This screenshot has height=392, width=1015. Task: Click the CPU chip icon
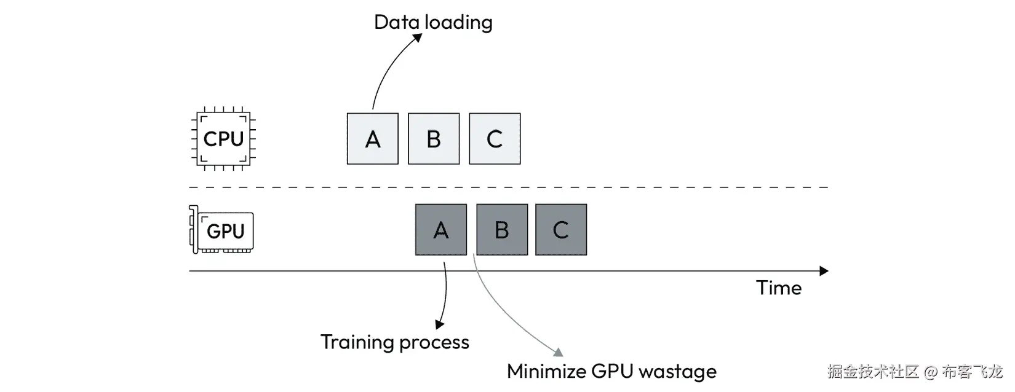223,138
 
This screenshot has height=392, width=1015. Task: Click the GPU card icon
221,230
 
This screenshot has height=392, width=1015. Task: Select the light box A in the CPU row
372,138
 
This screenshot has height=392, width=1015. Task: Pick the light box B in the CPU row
434,138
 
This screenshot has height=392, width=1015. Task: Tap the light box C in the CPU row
495,138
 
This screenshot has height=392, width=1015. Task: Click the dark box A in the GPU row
441,230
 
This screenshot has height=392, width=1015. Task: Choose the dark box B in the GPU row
502,230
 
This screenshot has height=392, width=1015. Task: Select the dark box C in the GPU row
561,230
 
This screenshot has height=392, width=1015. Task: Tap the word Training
357,343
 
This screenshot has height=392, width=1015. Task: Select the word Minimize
546,371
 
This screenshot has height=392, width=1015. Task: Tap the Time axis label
779,288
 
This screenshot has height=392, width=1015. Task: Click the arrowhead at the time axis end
824,271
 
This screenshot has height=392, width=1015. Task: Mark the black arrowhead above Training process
439,324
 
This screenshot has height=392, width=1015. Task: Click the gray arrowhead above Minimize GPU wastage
559,352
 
